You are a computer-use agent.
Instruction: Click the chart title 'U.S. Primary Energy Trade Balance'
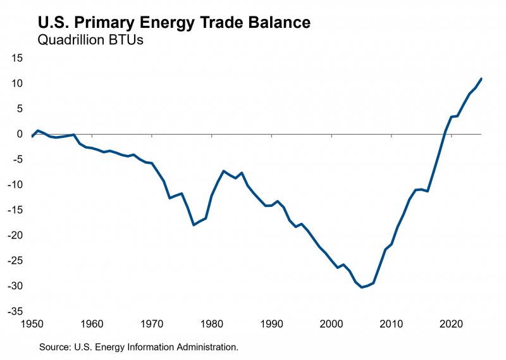pyautogui.click(x=175, y=23)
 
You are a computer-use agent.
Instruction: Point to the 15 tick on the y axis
pyautogui.click(x=17, y=58)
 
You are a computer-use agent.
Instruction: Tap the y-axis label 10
pyautogui.click(x=17, y=84)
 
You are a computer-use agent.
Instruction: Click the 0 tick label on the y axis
pyautogui.click(x=20, y=134)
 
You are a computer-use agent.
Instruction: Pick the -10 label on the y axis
pyautogui.click(x=16, y=185)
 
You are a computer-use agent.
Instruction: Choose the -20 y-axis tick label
pyautogui.click(x=16, y=235)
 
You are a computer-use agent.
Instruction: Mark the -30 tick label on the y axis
pyautogui.click(x=16, y=286)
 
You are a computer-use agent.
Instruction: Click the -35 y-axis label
pyautogui.click(x=16, y=311)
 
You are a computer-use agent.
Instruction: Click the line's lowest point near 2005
pyautogui.click(x=362, y=287)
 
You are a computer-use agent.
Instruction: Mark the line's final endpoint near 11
pyautogui.click(x=481, y=78)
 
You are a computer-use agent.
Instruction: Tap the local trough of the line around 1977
pyautogui.click(x=194, y=225)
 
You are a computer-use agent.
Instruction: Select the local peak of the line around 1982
pyautogui.click(x=224, y=171)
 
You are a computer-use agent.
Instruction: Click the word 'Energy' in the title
pyautogui.click(x=194, y=23)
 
